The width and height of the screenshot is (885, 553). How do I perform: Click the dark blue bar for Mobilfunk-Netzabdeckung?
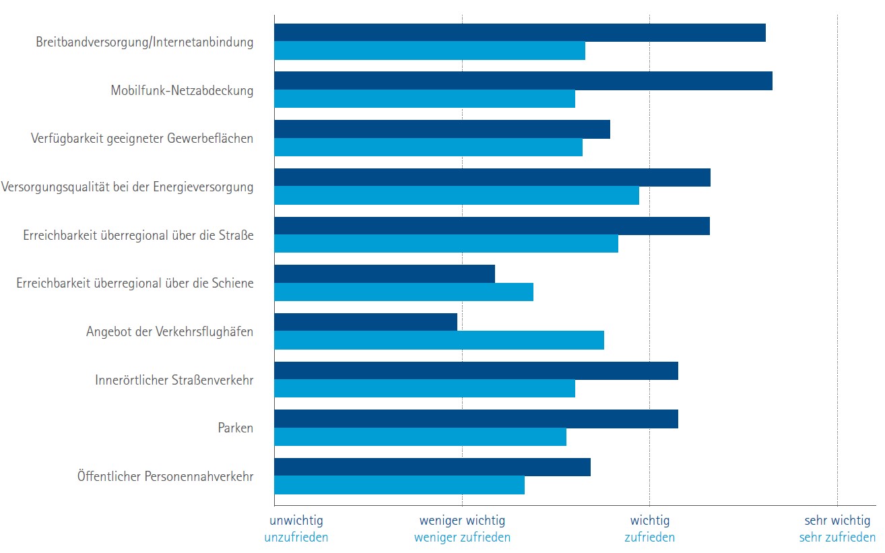(x=523, y=81)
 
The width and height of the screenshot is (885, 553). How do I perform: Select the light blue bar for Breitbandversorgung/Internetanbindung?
(x=430, y=51)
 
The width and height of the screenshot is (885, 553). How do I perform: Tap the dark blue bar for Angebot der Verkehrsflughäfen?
(x=366, y=322)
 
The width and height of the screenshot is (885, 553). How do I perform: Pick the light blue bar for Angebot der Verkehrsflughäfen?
(x=439, y=340)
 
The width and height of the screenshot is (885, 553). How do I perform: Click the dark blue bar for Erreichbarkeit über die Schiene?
(x=385, y=273)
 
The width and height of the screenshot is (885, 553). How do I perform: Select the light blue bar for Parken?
(x=420, y=436)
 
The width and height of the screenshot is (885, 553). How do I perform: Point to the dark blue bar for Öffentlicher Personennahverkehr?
(x=432, y=467)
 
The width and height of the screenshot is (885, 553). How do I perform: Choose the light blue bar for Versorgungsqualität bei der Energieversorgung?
(x=457, y=195)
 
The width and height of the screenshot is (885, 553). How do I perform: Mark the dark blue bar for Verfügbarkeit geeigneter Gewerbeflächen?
(x=442, y=129)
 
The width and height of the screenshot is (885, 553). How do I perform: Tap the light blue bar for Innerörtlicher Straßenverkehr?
(x=424, y=389)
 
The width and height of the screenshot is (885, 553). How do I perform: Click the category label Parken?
(x=236, y=428)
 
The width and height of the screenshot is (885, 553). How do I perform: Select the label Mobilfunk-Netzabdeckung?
(x=182, y=90)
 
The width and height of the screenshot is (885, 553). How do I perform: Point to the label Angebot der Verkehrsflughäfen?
(x=170, y=331)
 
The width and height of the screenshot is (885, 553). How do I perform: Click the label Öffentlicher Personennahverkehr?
(x=165, y=476)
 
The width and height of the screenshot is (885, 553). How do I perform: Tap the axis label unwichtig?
(x=296, y=521)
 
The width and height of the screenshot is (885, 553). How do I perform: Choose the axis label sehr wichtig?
(x=837, y=521)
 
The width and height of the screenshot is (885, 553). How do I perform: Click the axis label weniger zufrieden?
(x=462, y=538)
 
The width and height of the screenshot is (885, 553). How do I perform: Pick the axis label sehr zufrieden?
(x=837, y=538)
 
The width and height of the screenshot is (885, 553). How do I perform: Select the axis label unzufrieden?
(x=296, y=538)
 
